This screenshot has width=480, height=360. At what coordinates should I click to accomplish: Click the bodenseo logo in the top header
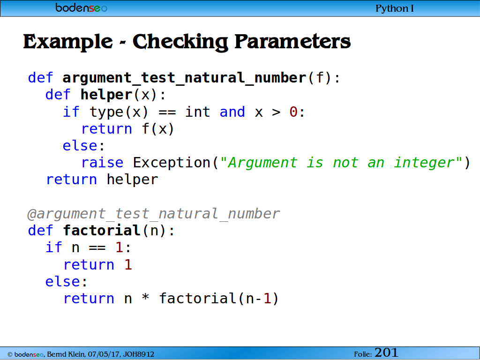(82, 7)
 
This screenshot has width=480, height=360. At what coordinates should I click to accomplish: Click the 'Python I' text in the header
(394, 8)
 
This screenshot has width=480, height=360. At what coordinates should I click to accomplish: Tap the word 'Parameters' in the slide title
(292, 41)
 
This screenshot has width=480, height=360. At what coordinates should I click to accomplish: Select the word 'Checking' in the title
(180, 42)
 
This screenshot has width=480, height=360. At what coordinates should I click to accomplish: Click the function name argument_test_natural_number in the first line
(184, 78)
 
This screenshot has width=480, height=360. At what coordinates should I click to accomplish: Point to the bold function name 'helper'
(106, 95)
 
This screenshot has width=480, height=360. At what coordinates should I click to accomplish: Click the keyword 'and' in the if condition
(232, 112)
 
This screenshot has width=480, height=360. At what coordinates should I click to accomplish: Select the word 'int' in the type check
(197, 112)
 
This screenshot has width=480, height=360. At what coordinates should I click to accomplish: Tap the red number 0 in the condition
(293, 112)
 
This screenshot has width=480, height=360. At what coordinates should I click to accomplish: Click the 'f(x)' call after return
(158, 129)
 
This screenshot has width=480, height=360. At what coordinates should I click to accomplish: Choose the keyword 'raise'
(102, 163)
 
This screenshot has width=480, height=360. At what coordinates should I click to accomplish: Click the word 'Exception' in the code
(172, 163)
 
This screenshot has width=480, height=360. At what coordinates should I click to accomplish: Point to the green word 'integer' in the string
(424, 163)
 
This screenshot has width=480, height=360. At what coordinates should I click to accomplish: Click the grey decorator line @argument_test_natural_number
(153, 214)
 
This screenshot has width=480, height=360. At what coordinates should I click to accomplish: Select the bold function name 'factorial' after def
(102, 231)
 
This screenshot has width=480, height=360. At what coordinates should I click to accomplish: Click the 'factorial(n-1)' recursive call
(219, 299)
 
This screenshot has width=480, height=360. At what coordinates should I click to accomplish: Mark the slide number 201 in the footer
(386, 352)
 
